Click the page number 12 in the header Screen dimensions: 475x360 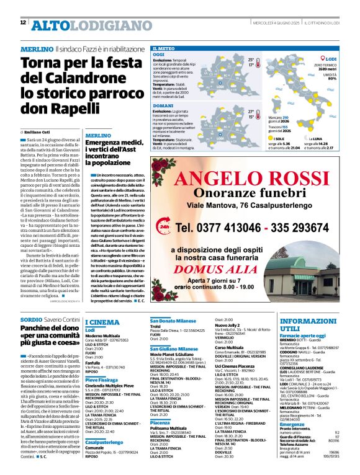[23, 23]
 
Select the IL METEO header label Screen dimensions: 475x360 [163, 48]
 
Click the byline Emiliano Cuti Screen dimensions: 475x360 [39, 133]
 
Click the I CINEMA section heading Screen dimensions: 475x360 [102, 322]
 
